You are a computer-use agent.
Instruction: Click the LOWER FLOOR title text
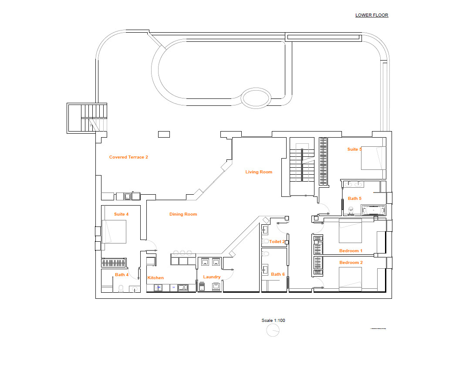coord(372,15)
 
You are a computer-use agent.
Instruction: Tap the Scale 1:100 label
coord(273,321)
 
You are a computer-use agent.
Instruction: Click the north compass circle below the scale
coord(273,331)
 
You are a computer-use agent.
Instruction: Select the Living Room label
coord(259,172)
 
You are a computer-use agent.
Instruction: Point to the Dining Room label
coord(183,214)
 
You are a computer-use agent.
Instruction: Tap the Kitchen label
coord(155,278)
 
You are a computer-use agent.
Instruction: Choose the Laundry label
coord(212,277)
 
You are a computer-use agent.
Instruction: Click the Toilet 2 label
coord(277,242)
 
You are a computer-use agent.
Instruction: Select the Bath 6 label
coord(278,274)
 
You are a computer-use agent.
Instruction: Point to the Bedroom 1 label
coord(351,251)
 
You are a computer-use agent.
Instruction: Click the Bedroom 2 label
coord(351,263)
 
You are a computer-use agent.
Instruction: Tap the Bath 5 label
coord(355,199)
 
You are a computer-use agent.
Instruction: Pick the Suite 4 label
coord(121,214)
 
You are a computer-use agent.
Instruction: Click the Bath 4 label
coord(122,275)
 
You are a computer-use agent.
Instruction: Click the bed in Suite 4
coord(114,231)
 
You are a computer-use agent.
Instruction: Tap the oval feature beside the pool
coord(256,98)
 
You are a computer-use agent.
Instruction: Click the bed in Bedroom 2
coord(350,278)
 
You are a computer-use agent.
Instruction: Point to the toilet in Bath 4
coord(122,288)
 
